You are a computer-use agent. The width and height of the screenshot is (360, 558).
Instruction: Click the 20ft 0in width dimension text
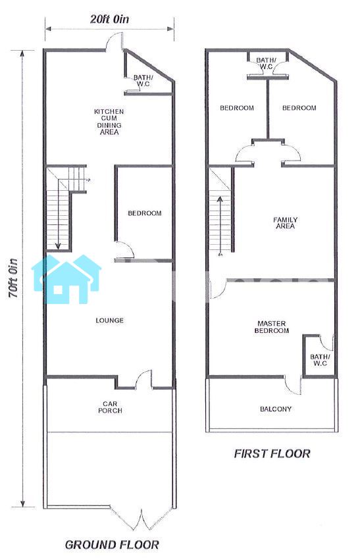[109, 19]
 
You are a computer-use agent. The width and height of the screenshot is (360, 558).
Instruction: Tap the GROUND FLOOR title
[112, 544]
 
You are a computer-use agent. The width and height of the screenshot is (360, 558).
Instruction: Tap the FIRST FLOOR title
[272, 453]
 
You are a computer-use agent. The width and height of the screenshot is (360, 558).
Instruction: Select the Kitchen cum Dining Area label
[109, 122]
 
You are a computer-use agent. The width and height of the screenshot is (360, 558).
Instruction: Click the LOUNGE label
[110, 320]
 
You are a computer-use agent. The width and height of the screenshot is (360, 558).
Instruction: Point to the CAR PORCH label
[110, 407]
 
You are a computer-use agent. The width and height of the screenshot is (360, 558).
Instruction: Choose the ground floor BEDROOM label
[145, 213]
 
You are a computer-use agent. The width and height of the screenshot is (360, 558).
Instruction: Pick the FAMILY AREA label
[285, 223]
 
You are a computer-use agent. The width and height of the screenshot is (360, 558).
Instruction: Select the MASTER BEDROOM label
[272, 327]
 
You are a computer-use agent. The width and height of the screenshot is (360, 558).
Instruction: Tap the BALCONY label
[276, 409]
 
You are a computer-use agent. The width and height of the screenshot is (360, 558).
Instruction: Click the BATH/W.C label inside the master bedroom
[320, 360]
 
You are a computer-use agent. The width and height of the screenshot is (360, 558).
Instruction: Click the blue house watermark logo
[66, 279]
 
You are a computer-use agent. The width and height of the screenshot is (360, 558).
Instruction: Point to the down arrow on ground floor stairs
[58, 220]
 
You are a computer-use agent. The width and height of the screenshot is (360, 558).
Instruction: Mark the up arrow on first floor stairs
[220, 225]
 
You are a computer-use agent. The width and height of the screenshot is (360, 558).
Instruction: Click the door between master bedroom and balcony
[293, 385]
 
